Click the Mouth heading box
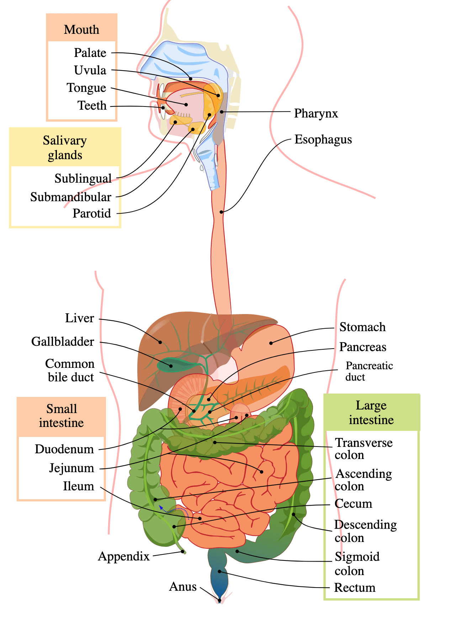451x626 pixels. [x=82, y=29]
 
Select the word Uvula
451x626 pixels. [x=90, y=70]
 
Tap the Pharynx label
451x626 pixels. [x=316, y=113]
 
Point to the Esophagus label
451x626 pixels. [x=323, y=139]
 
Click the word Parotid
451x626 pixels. [x=92, y=213]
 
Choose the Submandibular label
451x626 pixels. [x=71, y=197]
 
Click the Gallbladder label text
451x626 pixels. [x=63, y=341]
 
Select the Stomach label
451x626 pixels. [x=362, y=327]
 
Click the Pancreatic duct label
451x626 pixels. [x=369, y=371]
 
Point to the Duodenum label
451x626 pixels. [x=64, y=449]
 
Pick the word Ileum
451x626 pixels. [x=79, y=486]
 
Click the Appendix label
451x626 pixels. [x=124, y=556]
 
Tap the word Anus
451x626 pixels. [x=183, y=586]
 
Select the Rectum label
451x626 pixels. [x=355, y=588]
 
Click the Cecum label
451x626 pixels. [x=353, y=504]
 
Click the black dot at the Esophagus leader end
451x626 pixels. [x=221, y=212]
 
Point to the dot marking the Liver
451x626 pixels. [x=160, y=342]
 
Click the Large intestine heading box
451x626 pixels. [x=371, y=412]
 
